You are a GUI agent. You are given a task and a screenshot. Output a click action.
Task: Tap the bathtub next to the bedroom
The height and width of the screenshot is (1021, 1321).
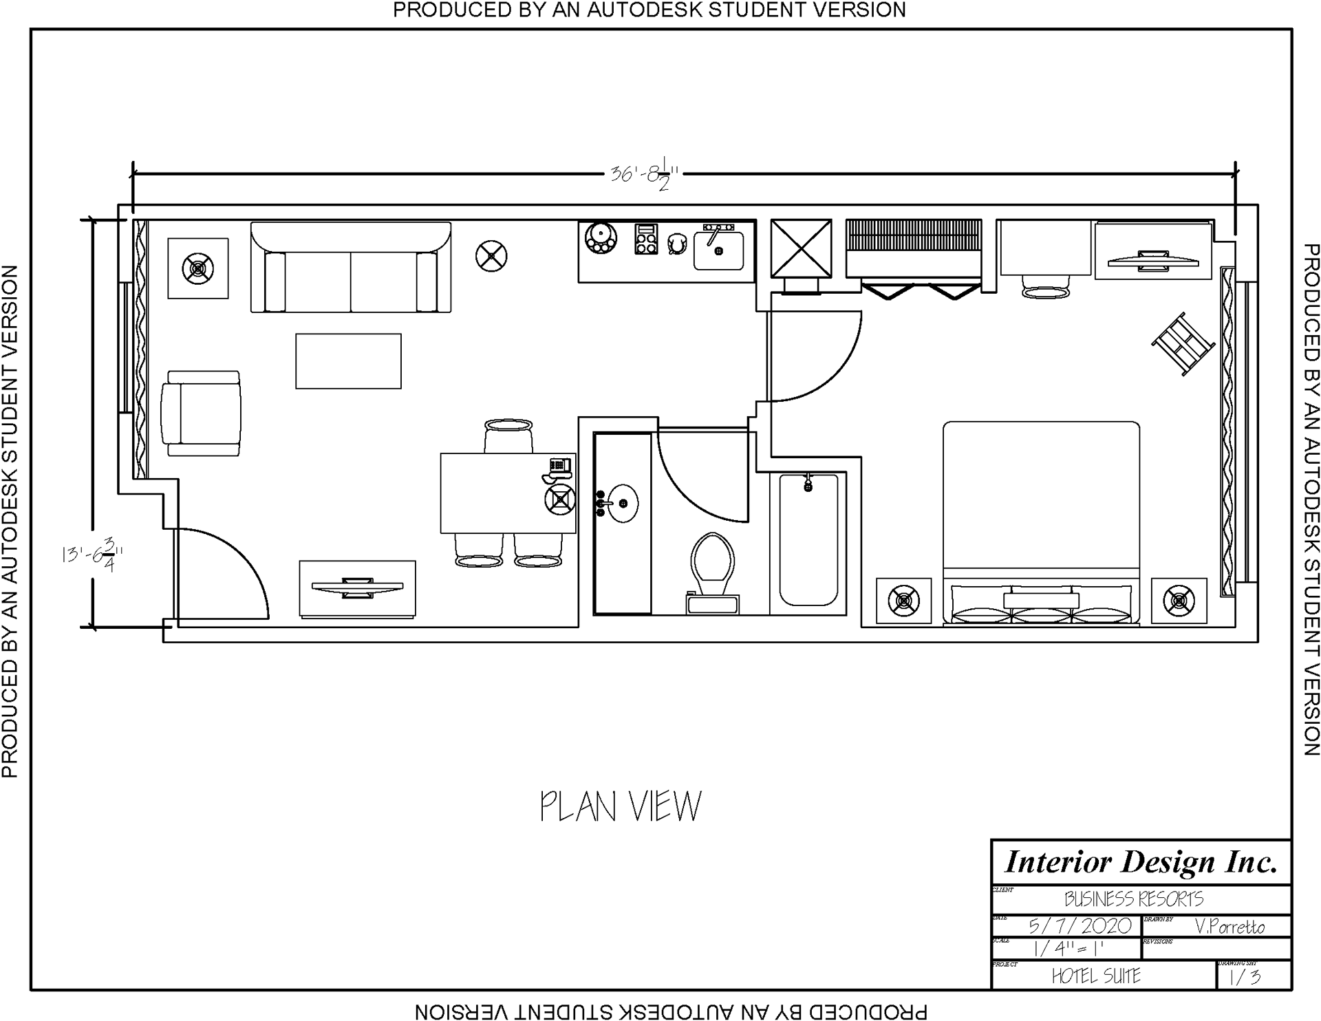coord(808,540)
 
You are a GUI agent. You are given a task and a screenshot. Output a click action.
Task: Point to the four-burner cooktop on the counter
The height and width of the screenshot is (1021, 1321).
coord(646,239)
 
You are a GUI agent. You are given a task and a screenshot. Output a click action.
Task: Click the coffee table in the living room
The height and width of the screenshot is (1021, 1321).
coord(348,361)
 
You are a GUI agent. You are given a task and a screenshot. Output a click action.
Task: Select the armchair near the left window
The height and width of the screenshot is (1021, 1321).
coord(202,413)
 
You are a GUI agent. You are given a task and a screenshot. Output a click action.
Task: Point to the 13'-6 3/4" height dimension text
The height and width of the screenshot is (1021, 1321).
coord(92,555)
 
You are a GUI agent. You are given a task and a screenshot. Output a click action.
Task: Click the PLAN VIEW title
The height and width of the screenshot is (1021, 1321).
coord(621,806)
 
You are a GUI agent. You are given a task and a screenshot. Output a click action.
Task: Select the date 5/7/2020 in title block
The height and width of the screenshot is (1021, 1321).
coord(1080,926)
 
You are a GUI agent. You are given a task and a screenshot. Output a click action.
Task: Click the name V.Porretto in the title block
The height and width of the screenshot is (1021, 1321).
coord(1230,927)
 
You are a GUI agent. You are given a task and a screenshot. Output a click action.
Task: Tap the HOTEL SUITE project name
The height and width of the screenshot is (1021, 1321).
coord(1096,976)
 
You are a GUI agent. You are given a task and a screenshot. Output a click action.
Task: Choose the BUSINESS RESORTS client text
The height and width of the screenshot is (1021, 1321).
coord(1134,899)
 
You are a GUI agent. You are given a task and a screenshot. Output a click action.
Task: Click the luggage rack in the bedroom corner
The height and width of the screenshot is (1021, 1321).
coord(1182,343)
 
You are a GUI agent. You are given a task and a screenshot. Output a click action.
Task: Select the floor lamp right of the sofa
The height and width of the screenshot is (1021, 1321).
coord(491,256)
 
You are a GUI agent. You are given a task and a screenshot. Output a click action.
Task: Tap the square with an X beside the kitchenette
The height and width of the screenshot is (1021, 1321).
coord(801,248)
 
